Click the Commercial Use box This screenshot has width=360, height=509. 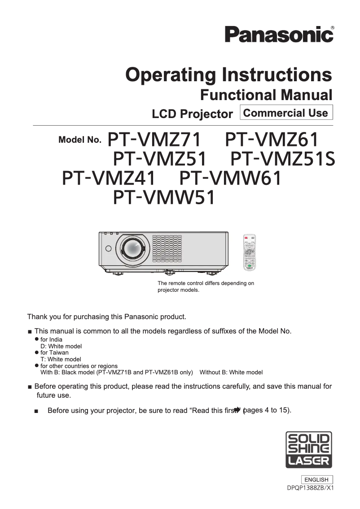(286, 113)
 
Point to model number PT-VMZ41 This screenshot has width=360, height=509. (109, 179)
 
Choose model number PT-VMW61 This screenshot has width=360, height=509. (230, 179)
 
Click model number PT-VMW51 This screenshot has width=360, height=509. (164, 198)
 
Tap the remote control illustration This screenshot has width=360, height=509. (249, 253)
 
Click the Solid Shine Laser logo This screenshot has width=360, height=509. (309, 450)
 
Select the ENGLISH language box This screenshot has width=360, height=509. (316, 479)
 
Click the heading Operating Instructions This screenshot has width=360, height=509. (229, 75)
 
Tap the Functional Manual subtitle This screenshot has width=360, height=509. (266, 95)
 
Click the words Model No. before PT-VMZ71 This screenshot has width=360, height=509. (80, 140)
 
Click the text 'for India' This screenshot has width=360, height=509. (52, 340)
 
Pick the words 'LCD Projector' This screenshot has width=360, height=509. (192, 114)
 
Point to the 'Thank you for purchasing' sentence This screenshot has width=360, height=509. (107, 317)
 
